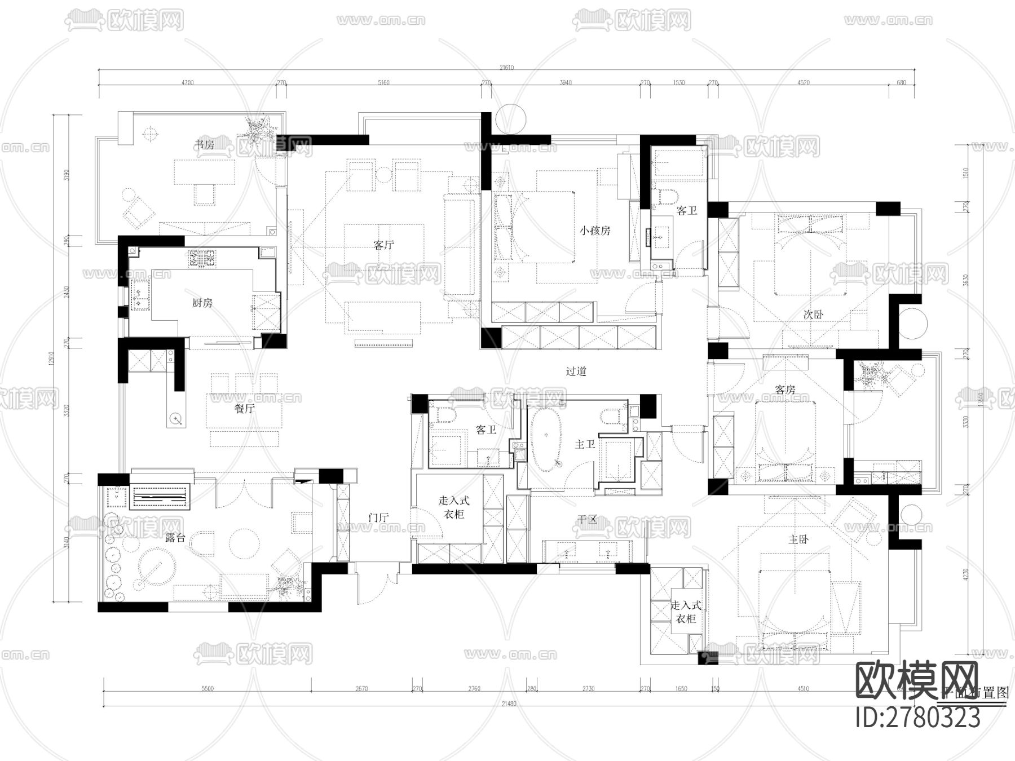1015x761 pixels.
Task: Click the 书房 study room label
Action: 204,145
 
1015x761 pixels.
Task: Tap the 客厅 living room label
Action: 384,245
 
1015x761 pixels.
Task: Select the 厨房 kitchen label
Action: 202,303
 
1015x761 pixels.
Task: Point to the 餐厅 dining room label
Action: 244,409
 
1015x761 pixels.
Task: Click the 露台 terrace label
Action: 175,538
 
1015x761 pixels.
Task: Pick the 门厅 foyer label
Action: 379,517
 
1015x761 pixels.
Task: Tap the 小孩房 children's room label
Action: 595,231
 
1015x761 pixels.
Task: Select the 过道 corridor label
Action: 576,371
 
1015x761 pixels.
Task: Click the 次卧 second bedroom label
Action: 813,315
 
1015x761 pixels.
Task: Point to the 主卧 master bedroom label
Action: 798,539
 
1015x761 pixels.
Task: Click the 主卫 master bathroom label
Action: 585,445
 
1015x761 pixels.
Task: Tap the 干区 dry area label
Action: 587,519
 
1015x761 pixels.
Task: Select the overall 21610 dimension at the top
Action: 506,68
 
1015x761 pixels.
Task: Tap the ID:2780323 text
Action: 918,718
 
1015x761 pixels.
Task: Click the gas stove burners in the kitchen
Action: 202,259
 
